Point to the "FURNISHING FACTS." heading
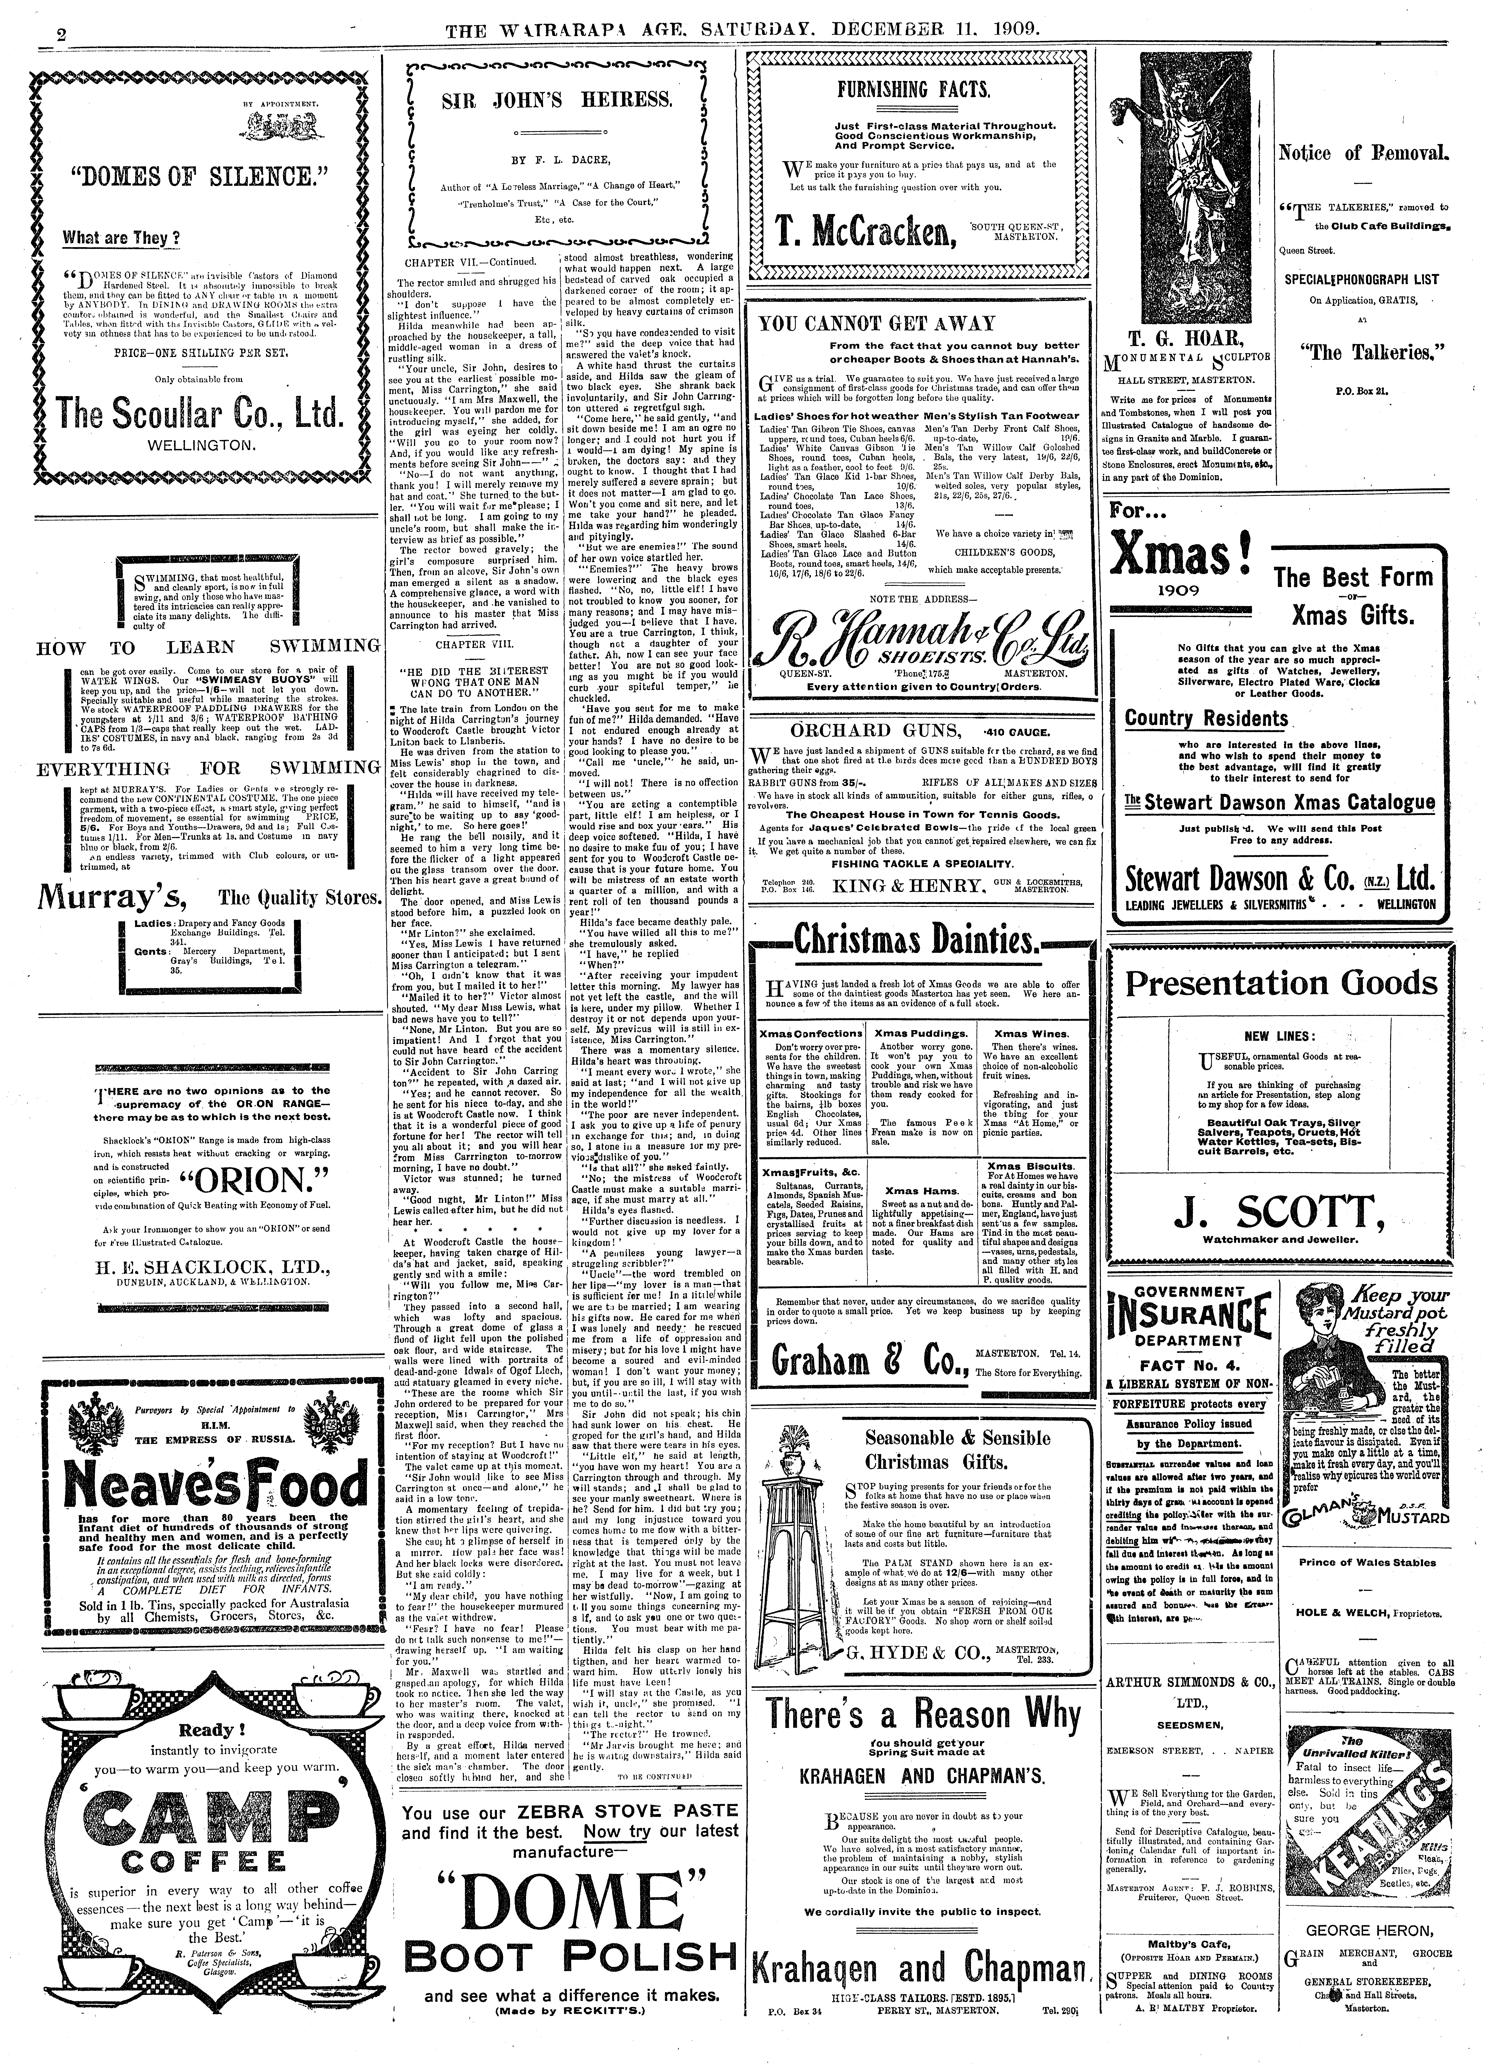pos(916,89)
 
